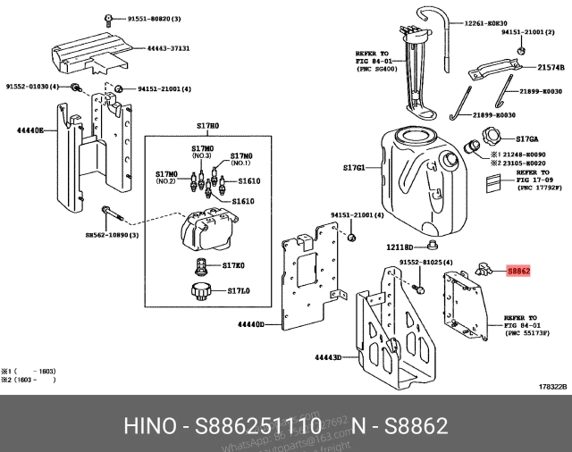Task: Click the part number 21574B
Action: click(x=550, y=68)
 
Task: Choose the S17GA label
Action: click(x=528, y=138)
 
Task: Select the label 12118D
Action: click(x=399, y=247)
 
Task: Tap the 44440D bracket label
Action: click(x=252, y=325)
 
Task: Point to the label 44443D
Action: click(x=328, y=357)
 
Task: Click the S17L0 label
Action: click(x=238, y=291)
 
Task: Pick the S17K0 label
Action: click(x=234, y=265)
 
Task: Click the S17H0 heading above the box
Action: click(x=207, y=127)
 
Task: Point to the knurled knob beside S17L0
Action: click(x=198, y=291)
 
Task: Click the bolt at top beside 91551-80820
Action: click(x=107, y=18)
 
